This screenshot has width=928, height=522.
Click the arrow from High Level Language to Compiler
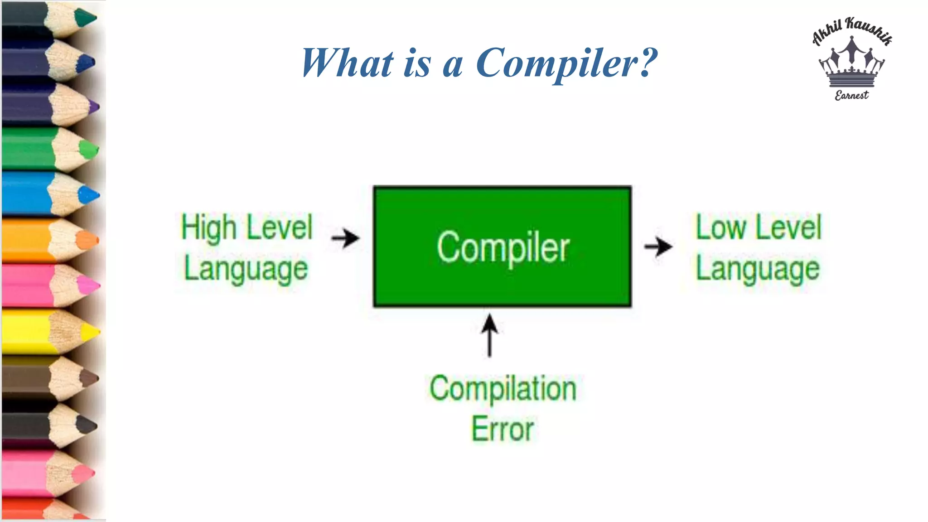coord(345,238)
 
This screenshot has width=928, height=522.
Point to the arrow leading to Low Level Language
coord(658,247)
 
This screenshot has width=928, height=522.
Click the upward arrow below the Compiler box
coord(489,335)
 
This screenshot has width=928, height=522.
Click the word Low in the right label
coord(720,227)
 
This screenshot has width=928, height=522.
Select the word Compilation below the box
coord(503,389)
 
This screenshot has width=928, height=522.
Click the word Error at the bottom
coord(503,429)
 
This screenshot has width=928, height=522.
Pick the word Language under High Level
coord(246,270)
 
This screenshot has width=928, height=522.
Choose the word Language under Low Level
coord(758,270)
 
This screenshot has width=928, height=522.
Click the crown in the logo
coord(852,63)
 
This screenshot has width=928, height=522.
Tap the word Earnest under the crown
coord(852,95)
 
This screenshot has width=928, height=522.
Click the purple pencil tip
coord(94,107)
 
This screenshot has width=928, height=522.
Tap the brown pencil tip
coord(89,378)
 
